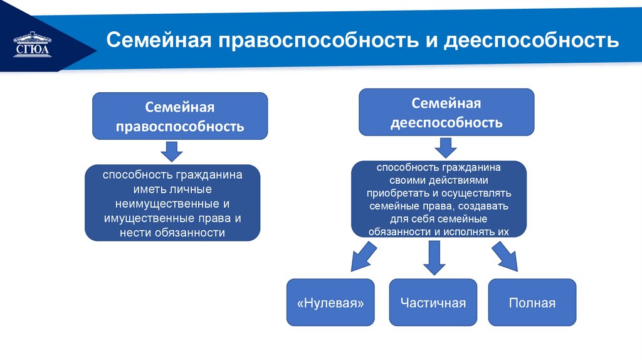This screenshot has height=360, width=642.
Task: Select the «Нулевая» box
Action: (x=330, y=303)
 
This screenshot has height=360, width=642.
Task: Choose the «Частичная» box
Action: (x=433, y=303)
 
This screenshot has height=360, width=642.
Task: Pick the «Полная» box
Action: (x=532, y=303)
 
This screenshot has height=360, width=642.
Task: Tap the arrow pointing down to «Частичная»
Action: (x=433, y=257)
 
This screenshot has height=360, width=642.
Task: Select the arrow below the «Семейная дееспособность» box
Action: (x=446, y=147)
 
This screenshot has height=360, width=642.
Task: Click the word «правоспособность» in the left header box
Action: (x=180, y=127)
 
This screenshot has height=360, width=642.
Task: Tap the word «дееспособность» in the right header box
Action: (x=446, y=122)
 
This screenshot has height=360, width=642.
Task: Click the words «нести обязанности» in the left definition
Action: (x=172, y=233)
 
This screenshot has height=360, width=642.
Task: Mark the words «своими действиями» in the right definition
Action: (x=438, y=180)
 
